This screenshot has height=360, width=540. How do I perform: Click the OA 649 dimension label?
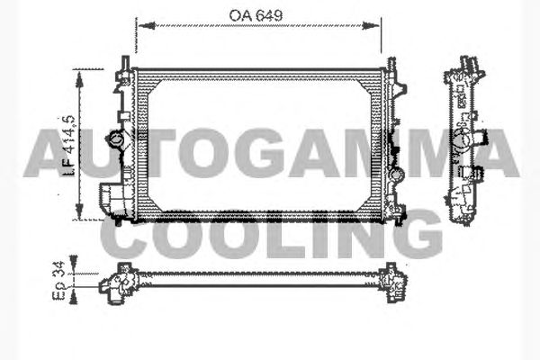tap(256, 15)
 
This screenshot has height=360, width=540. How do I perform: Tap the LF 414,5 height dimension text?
tap(69, 146)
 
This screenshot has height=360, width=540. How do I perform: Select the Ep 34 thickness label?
tap(58, 281)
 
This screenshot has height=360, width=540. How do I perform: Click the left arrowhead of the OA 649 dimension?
tap(147, 25)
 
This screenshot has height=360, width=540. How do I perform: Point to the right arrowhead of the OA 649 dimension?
tap(371, 25)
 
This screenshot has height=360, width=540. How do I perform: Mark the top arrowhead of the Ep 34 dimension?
tap(74, 261)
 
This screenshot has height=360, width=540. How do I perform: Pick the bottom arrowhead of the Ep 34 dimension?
tap(74, 298)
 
